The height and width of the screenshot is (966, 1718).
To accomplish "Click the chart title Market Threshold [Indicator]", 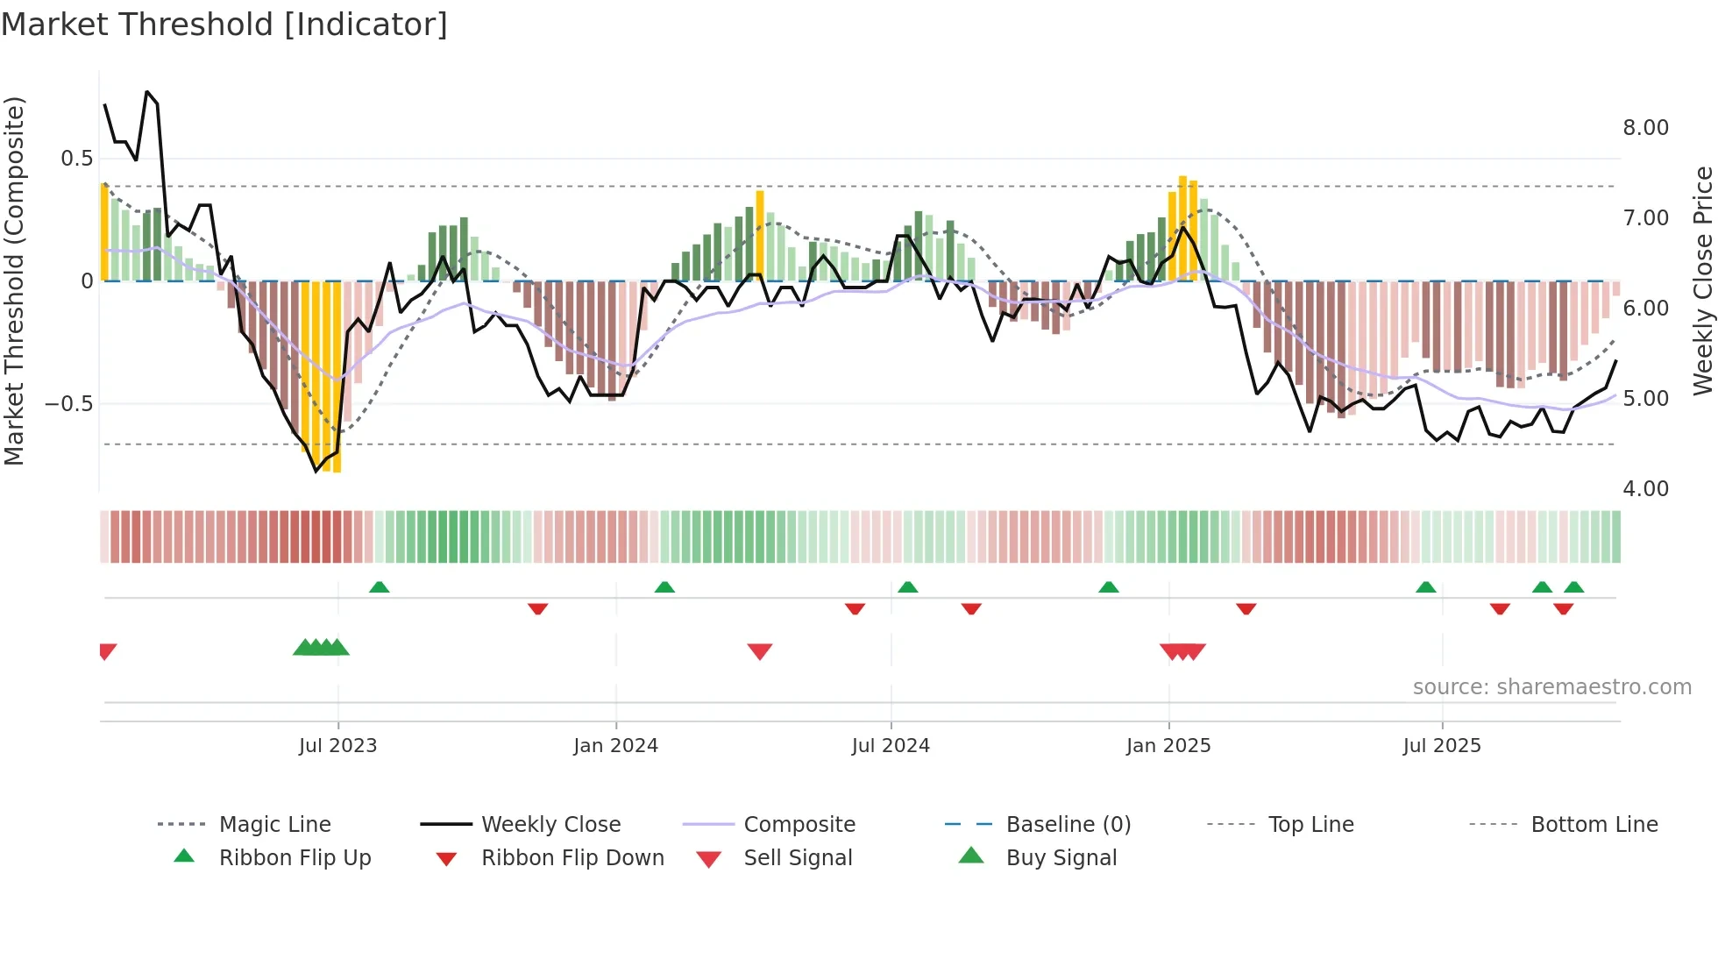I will point(224,25).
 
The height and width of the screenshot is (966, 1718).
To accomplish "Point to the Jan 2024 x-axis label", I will point(615,745).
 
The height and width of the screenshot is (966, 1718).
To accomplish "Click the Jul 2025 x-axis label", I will point(1442,745).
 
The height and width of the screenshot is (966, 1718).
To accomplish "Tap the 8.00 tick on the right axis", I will point(1645,128).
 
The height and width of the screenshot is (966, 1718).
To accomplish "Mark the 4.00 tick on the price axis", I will point(1645,489).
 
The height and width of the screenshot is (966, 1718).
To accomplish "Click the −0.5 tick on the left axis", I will point(68,404).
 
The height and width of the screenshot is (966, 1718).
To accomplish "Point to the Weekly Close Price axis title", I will point(1702,281).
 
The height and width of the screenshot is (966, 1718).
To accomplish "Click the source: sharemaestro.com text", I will point(1551,687).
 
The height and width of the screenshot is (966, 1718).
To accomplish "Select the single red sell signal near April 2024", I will point(760,651).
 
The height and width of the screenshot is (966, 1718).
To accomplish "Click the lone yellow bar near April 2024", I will point(760,235).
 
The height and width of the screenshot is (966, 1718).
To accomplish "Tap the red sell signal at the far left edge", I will point(107,650).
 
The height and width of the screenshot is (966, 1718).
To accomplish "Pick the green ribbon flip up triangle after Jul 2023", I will point(379,586).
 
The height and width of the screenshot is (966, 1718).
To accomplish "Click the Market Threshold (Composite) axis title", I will point(14,281).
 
